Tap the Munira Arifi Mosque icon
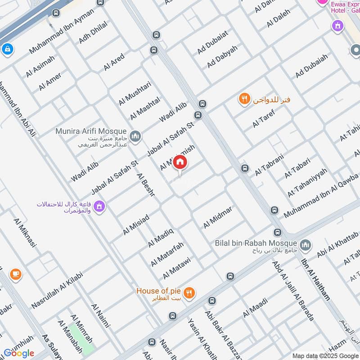pyautogui.click(x=135, y=135)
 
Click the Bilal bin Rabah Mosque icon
pyautogui.click(x=306, y=245)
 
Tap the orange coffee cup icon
pyautogui.click(x=16, y=274)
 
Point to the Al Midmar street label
pyautogui.click(x=218, y=217)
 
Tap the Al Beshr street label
pyautogui.click(x=146, y=185)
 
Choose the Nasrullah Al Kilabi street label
pyautogui.click(x=57, y=291)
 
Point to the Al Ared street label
pyautogui.click(x=114, y=62)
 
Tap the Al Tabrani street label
pyautogui.click(x=270, y=165)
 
